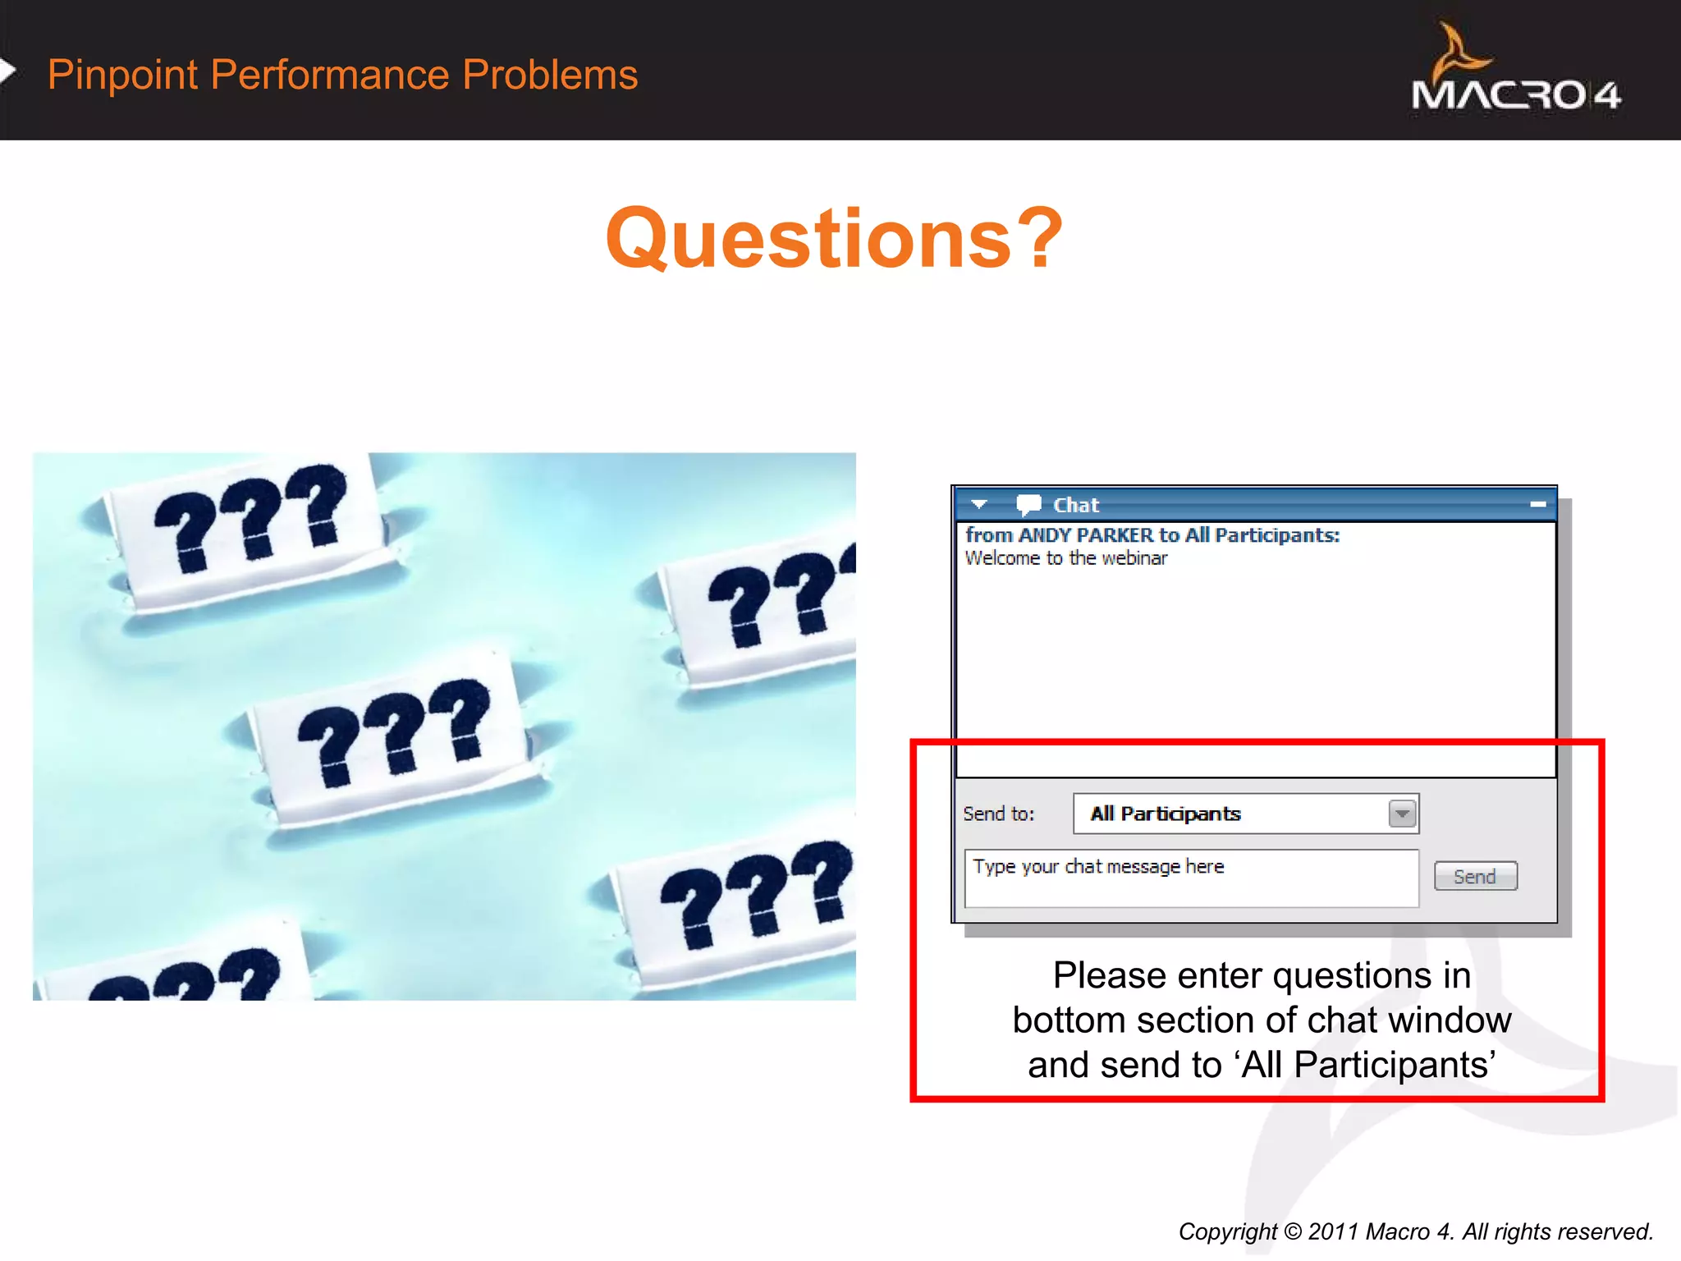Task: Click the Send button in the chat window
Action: tap(1475, 876)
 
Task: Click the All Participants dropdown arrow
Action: tap(1402, 814)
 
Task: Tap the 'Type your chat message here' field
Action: tap(1190, 878)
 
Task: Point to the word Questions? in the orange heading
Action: tap(833, 239)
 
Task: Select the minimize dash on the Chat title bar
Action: tap(1538, 504)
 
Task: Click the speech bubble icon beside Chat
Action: tap(1028, 504)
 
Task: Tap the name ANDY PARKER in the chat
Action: tap(1085, 535)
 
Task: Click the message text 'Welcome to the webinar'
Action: tap(1065, 558)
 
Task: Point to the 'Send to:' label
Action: tap(998, 814)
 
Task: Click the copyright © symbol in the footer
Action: tap(1293, 1231)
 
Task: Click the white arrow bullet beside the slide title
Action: tap(7, 71)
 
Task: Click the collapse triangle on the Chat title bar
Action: tap(978, 504)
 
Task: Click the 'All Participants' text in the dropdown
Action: tap(1165, 814)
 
